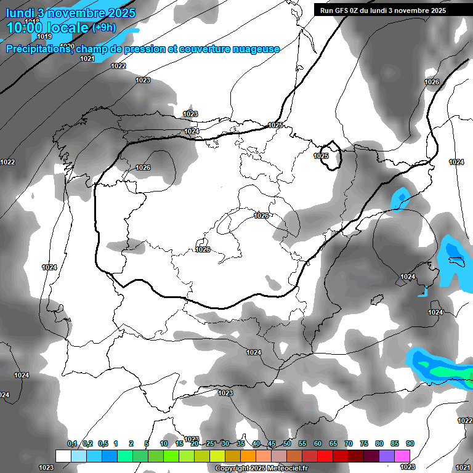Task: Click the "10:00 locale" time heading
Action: (x=47, y=28)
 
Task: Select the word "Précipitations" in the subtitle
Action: (x=38, y=49)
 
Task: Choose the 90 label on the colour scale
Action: (x=410, y=443)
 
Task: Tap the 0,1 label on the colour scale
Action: (x=72, y=443)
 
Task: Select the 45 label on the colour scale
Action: (x=272, y=443)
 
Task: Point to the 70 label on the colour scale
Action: (x=349, y=443)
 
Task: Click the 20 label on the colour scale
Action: (x=195, y=443)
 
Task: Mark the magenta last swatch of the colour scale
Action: (x=402, y=456)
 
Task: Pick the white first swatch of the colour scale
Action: (x=63, y=456)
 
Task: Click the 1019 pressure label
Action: (x=45, y=36)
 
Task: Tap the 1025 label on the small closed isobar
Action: (x=321, y=156)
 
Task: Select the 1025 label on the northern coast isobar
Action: (x=275, y=125)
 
